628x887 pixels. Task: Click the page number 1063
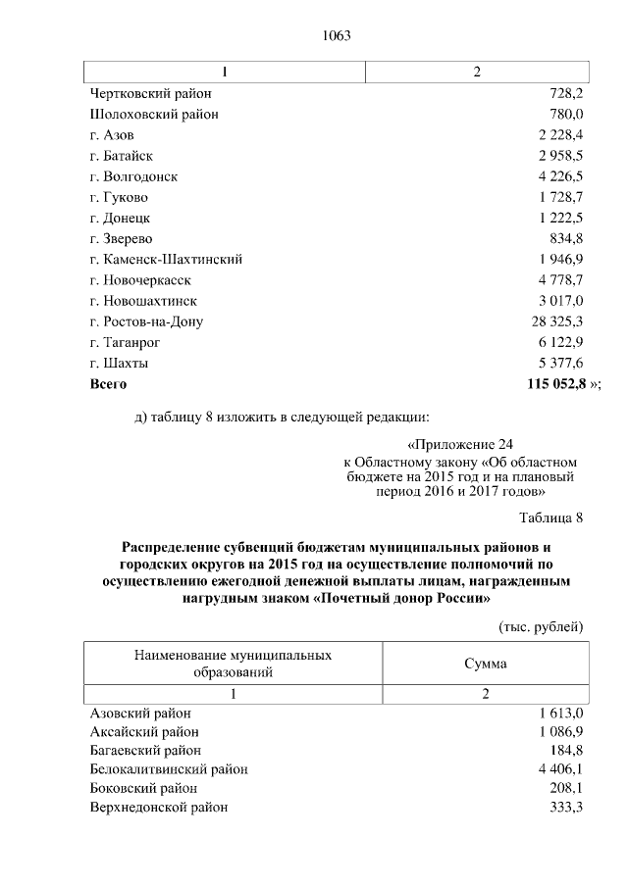(336, 36)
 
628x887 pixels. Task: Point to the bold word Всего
(108, 384)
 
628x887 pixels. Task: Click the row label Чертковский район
(150, 93)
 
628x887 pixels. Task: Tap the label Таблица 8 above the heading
(549, 517)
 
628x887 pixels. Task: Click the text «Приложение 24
(459, 444)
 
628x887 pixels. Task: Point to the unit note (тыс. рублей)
(542, 625)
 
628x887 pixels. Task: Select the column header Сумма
(485, 664)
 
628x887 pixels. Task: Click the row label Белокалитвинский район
(169, 769)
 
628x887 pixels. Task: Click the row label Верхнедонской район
(159, 808)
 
